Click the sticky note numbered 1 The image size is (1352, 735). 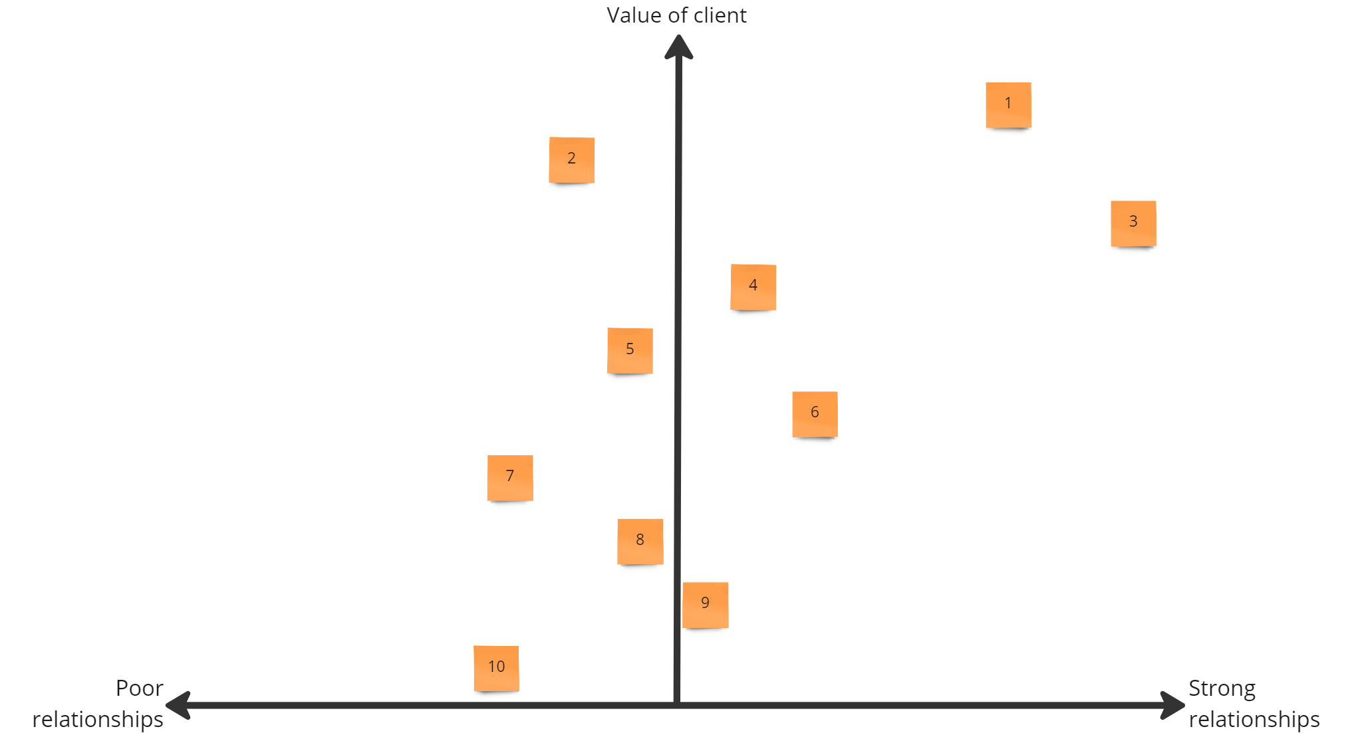[1008, 105]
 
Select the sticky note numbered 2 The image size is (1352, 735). [571, 159]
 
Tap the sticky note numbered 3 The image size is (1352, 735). [1133, 223]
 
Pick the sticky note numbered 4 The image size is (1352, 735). [753, 287]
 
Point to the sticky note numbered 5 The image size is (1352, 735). [630, 350]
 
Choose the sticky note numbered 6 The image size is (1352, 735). [815, 414]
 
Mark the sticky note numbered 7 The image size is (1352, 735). [510, 478]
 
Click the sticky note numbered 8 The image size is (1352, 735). [640, 541]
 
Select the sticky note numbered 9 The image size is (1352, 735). [705, 605]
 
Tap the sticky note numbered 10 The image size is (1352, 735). [496, 668]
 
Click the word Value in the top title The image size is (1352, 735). [630, 15]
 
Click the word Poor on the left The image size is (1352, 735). [139, 688]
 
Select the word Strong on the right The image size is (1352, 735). [1222, 688]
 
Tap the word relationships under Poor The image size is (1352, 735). [98, 719]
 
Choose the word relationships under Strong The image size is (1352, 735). [1254, 719]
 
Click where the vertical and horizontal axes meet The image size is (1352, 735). [677, 704]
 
